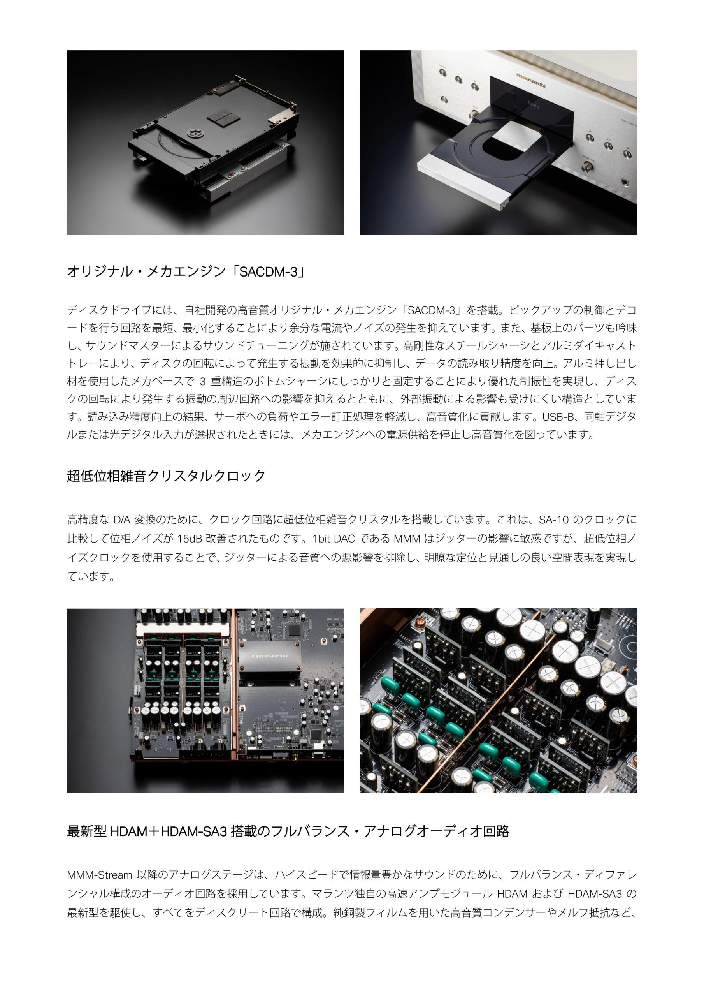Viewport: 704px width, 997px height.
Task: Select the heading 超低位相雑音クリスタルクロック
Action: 166,476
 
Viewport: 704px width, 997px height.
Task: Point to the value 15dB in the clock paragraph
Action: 189,539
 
